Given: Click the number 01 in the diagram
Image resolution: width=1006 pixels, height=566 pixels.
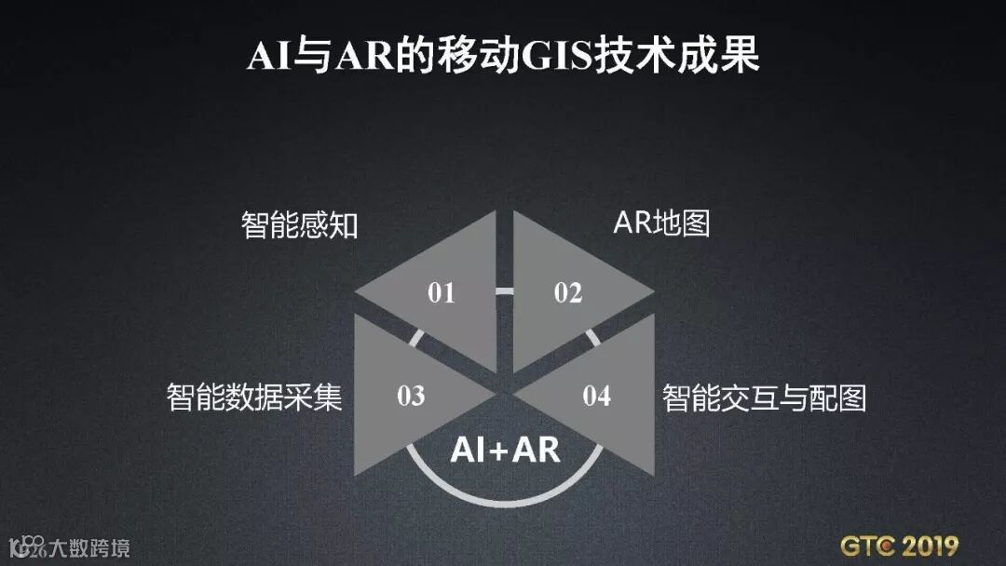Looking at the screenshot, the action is pos(442,293).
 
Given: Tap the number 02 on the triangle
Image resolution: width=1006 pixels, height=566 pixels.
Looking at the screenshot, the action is pos(567,293).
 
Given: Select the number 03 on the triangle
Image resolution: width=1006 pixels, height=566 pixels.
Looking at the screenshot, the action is pos(411,396).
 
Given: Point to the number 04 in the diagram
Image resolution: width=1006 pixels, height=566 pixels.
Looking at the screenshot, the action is pos(597,396).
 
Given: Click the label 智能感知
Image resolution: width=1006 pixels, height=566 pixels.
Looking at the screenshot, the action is pos(299,224).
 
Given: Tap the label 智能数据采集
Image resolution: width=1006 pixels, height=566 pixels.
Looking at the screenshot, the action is pos(254,398).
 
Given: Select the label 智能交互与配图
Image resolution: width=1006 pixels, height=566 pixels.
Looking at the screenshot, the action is pos(764,398).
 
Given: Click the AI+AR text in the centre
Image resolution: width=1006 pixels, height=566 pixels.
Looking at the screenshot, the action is pos(505,450).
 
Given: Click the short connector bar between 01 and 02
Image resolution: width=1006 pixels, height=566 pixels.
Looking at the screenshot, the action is pos(504,291).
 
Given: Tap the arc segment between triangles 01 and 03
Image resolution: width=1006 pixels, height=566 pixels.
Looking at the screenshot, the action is pos(416,336).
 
